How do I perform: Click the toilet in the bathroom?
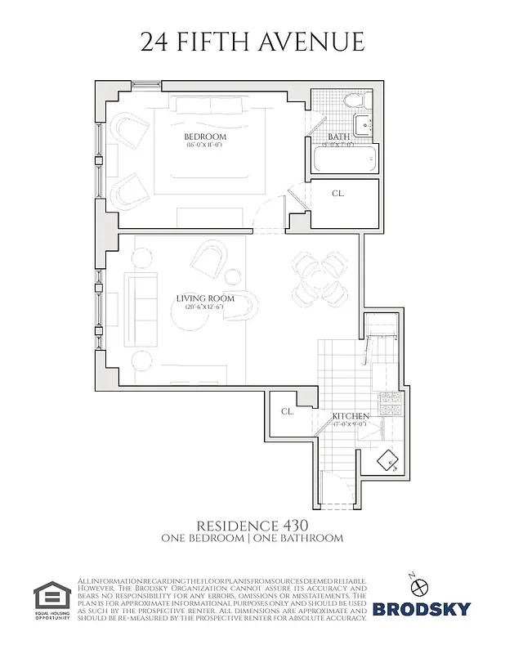click(x=353, y=104)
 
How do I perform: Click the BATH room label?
click(x=338, y=137)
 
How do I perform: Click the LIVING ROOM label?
click(x=205, y=298)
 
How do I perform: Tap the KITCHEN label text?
click(x=351, y=416)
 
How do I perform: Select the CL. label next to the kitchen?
click(x=288, y=411)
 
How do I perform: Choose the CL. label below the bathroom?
click(x=337, y=194)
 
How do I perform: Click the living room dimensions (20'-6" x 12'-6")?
click(x=205, y=307)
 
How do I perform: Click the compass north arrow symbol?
click(x=421, y=585)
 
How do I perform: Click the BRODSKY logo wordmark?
click(x=422, y=608)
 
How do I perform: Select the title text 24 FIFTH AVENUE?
click(x=252, y=42)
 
